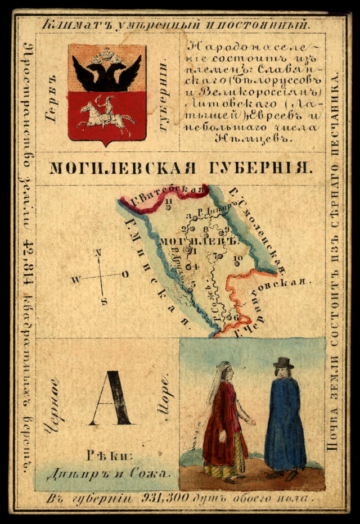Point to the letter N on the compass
[98, 254]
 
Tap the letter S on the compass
[103, 301]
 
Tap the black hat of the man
[283, 363]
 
